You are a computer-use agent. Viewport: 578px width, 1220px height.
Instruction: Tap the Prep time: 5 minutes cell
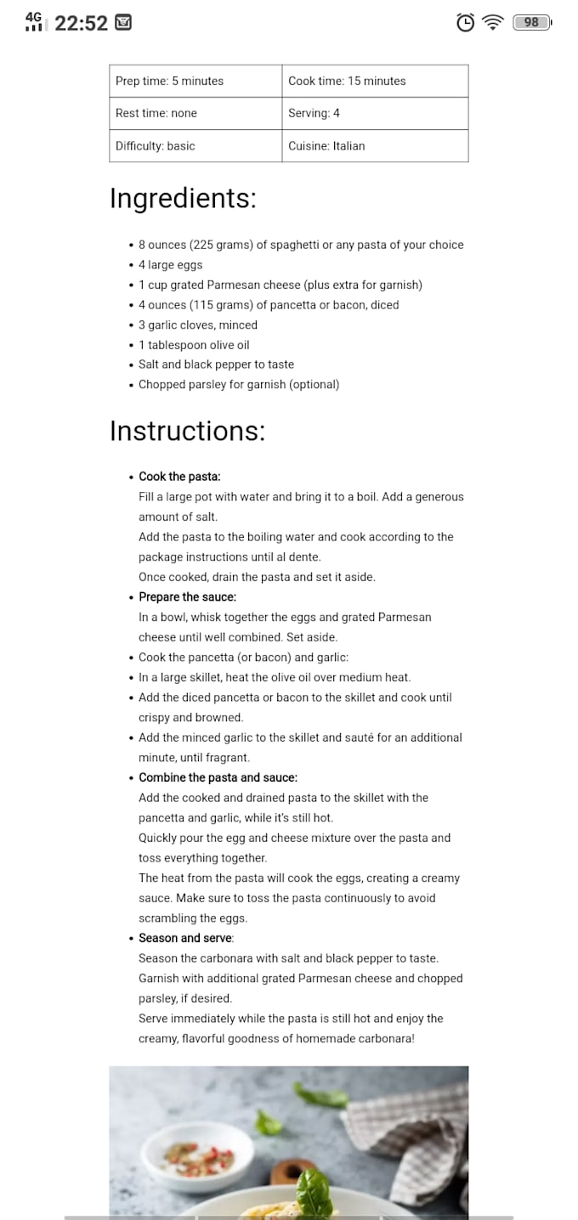point(195,81)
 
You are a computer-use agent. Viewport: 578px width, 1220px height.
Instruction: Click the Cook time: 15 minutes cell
point(375,81)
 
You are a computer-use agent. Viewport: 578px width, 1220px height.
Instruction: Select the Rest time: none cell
point(195,113)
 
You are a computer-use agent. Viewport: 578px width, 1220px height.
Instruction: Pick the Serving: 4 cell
point(375,113)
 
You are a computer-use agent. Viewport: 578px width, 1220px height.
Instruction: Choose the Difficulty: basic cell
point(195,146)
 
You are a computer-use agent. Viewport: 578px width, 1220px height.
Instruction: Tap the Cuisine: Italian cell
point(375,146)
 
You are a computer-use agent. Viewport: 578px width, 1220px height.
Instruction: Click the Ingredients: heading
point(183,198)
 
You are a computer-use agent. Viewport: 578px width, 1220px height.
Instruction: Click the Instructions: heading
point(187,431)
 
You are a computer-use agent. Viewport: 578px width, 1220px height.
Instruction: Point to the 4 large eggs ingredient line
point(170,265)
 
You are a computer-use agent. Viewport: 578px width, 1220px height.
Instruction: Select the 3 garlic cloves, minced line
point(197,325)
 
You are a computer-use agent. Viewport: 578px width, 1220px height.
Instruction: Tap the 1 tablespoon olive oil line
point(194,345)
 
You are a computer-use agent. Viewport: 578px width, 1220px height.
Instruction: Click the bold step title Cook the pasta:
point(179,477)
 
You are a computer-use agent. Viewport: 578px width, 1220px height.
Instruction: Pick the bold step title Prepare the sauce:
point(187,597)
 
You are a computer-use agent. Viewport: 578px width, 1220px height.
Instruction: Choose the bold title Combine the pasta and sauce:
point(218,777)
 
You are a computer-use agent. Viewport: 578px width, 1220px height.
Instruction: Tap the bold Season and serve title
point(185,938)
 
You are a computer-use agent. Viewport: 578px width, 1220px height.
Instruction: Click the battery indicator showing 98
point(532,23)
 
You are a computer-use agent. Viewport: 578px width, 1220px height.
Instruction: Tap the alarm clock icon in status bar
point(466,23)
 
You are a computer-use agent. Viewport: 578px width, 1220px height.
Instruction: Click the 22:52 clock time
point(81,23)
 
